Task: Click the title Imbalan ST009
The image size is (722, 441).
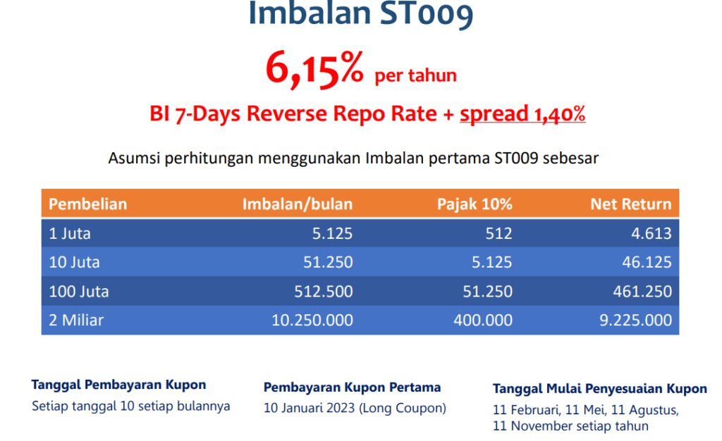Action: (360, 14)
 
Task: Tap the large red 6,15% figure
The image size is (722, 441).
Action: (314, 69)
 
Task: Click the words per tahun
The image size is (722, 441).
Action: (416, 75)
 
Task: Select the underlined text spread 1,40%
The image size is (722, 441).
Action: (522, 113)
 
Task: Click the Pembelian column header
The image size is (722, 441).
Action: (88, 204)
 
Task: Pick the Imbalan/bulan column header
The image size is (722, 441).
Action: (298, 204)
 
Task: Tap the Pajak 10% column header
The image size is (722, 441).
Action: (475, 204)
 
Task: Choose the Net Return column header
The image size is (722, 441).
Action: (631, 204)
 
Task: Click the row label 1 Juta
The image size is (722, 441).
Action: (70, 233)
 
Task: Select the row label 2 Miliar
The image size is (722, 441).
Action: (76, 320)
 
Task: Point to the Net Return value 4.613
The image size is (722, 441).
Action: (651, 233)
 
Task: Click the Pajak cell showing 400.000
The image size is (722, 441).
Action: (483, 320)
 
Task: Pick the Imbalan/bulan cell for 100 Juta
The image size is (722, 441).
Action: (324, 291)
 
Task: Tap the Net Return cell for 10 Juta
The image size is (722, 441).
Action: (647, 262)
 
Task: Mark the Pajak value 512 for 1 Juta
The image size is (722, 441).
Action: (498, 233)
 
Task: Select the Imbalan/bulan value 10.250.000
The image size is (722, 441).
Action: (312, 320)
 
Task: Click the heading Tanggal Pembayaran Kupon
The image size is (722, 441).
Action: (118, 385)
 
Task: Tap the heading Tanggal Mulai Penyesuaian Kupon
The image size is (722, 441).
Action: (599, 389)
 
